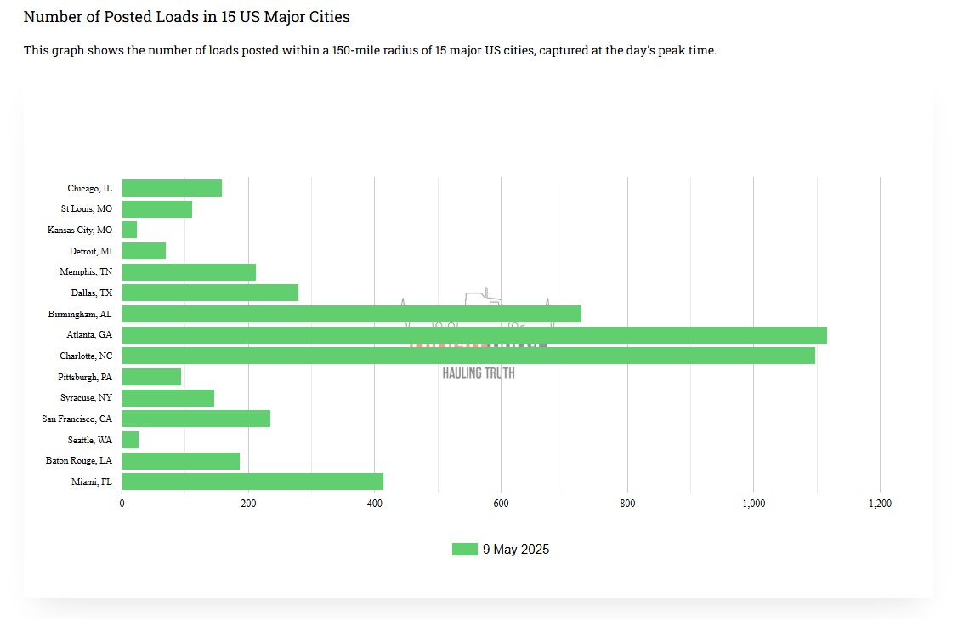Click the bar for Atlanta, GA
click(x=474, y=335)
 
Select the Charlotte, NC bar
click(x=468, y=356)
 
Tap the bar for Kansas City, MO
click(x=129, y=230)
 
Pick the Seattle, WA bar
click(x=130, y=440)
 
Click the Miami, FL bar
click(x=252, y=481)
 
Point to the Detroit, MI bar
click(x=144, y=251)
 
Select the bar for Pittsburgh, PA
click(x=151, y=377)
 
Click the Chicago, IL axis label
click(x=89, y=188)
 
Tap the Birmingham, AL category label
click(x=80, y=314)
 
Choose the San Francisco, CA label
click(x=77, y=419)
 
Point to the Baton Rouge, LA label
click(x=79, y=460)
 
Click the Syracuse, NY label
click(x=86, y=397)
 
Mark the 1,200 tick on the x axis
click(x=880, y=504)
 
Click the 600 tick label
click(x=501, y=504)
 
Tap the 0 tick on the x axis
click(x=122, y=504)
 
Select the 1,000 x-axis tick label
click(x=753, y=504)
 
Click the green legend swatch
click(x=464, y=550)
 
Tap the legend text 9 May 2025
click(x=516, y=550)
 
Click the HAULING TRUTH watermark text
click(x=479, y=373)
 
